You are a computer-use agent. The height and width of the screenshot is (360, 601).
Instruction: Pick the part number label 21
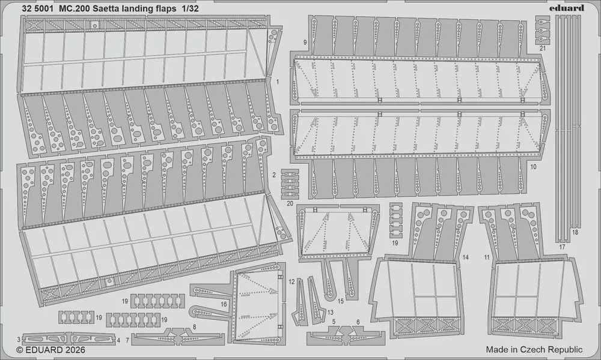coord(542,48)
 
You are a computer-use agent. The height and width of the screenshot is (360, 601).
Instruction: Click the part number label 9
coord(305,43)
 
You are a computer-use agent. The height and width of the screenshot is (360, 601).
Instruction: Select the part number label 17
coord(562,247)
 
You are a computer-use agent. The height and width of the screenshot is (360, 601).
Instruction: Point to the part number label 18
coord(575,232)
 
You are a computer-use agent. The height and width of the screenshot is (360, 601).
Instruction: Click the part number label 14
coord(465,257)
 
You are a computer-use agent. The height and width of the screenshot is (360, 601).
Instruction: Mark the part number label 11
coord(487,257)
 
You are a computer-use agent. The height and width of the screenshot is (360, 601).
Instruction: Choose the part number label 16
coord(224,305)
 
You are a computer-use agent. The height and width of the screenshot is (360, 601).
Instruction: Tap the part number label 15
coord(340,301)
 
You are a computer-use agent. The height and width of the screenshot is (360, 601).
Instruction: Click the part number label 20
coord(290,204)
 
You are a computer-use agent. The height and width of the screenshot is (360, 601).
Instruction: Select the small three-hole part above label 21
coord(542,30)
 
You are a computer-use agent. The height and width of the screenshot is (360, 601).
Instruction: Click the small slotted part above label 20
coord(290,184)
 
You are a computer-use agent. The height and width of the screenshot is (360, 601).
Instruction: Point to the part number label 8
coord(194,327)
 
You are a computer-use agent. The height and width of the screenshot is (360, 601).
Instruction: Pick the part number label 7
coord(127,339)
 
